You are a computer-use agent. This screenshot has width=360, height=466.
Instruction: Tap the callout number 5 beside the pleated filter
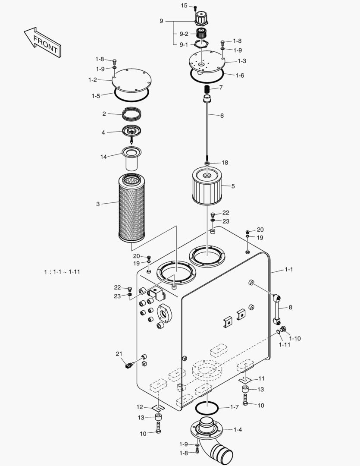click(x=233, y=186)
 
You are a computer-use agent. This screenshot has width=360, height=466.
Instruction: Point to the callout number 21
click(x=119, y=354)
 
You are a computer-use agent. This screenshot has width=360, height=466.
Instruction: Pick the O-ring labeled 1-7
click(x=207, y=407)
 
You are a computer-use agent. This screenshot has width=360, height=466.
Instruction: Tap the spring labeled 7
click(x=207, y=89)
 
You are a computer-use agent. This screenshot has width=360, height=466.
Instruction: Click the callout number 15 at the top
click(x=184, y=6)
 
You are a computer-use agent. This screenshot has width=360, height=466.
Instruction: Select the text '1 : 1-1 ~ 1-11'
click(x=62, y=272)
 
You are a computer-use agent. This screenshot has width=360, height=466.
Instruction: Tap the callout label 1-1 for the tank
click(x=288, y=270)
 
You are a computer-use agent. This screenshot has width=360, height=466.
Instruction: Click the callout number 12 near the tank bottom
click(x=140, y=407)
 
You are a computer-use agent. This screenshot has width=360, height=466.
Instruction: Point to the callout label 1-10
click(x=295, y=338)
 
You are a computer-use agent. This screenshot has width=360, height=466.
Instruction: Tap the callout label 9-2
click(x=184, y=34)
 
